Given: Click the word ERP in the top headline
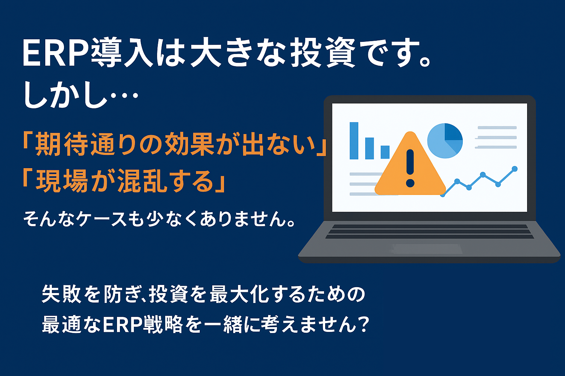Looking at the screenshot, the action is point(56,53).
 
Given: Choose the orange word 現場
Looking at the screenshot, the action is point(62,181).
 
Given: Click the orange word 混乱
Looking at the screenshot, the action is point(143,181).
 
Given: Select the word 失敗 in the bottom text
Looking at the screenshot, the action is point(61,294).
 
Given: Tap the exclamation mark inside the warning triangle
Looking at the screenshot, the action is point(411,168).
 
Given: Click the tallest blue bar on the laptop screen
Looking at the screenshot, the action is point(354,141).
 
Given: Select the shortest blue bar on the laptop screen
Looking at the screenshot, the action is point(385,152).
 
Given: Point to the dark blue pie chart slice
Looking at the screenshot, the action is point(452,132).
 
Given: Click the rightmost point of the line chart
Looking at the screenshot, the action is point(515,169).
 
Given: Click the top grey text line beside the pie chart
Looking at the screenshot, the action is point(497,128).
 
